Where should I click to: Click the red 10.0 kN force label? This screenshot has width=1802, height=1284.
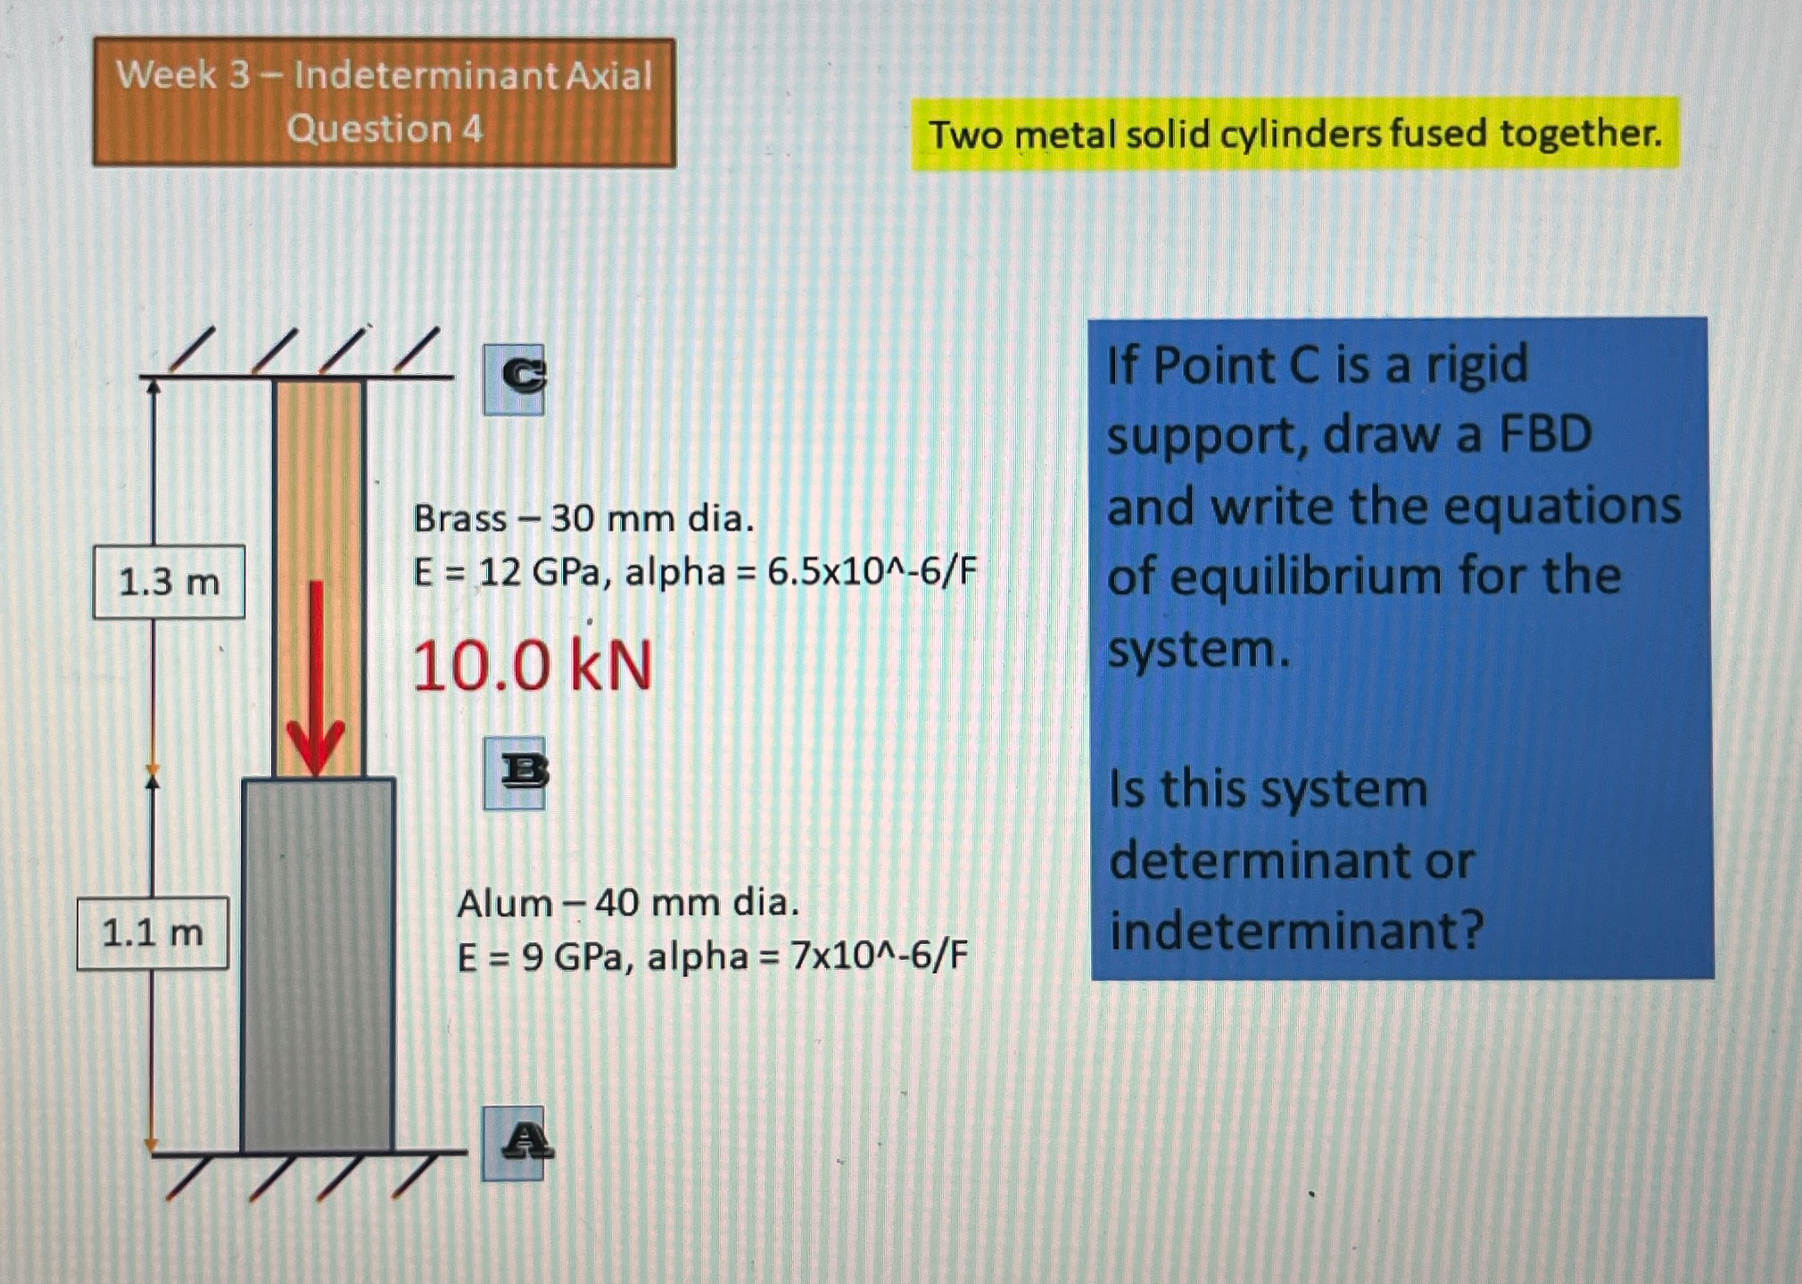532,667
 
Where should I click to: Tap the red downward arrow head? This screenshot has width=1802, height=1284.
315,750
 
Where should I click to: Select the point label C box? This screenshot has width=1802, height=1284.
514,379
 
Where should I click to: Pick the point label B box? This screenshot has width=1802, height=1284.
515,773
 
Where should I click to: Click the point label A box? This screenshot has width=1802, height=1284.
514,1143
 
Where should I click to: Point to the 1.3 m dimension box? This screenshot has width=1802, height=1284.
169,582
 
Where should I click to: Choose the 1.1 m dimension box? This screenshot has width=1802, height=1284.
153,933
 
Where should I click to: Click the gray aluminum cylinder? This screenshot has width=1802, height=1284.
318,964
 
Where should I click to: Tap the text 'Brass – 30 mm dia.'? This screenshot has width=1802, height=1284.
583,518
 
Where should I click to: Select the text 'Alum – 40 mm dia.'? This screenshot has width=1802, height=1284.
628,904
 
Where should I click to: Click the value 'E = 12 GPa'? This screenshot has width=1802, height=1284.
507,572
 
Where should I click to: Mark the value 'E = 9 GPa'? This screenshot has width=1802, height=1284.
539,957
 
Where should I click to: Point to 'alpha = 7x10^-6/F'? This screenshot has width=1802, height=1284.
806,957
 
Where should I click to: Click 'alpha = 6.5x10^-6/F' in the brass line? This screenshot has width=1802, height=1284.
800,572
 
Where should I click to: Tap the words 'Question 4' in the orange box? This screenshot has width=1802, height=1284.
384,129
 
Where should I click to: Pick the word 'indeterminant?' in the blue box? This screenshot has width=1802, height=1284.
1295,931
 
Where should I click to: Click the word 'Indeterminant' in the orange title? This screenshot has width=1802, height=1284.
426,75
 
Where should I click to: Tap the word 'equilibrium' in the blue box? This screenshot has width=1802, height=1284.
1305,576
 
